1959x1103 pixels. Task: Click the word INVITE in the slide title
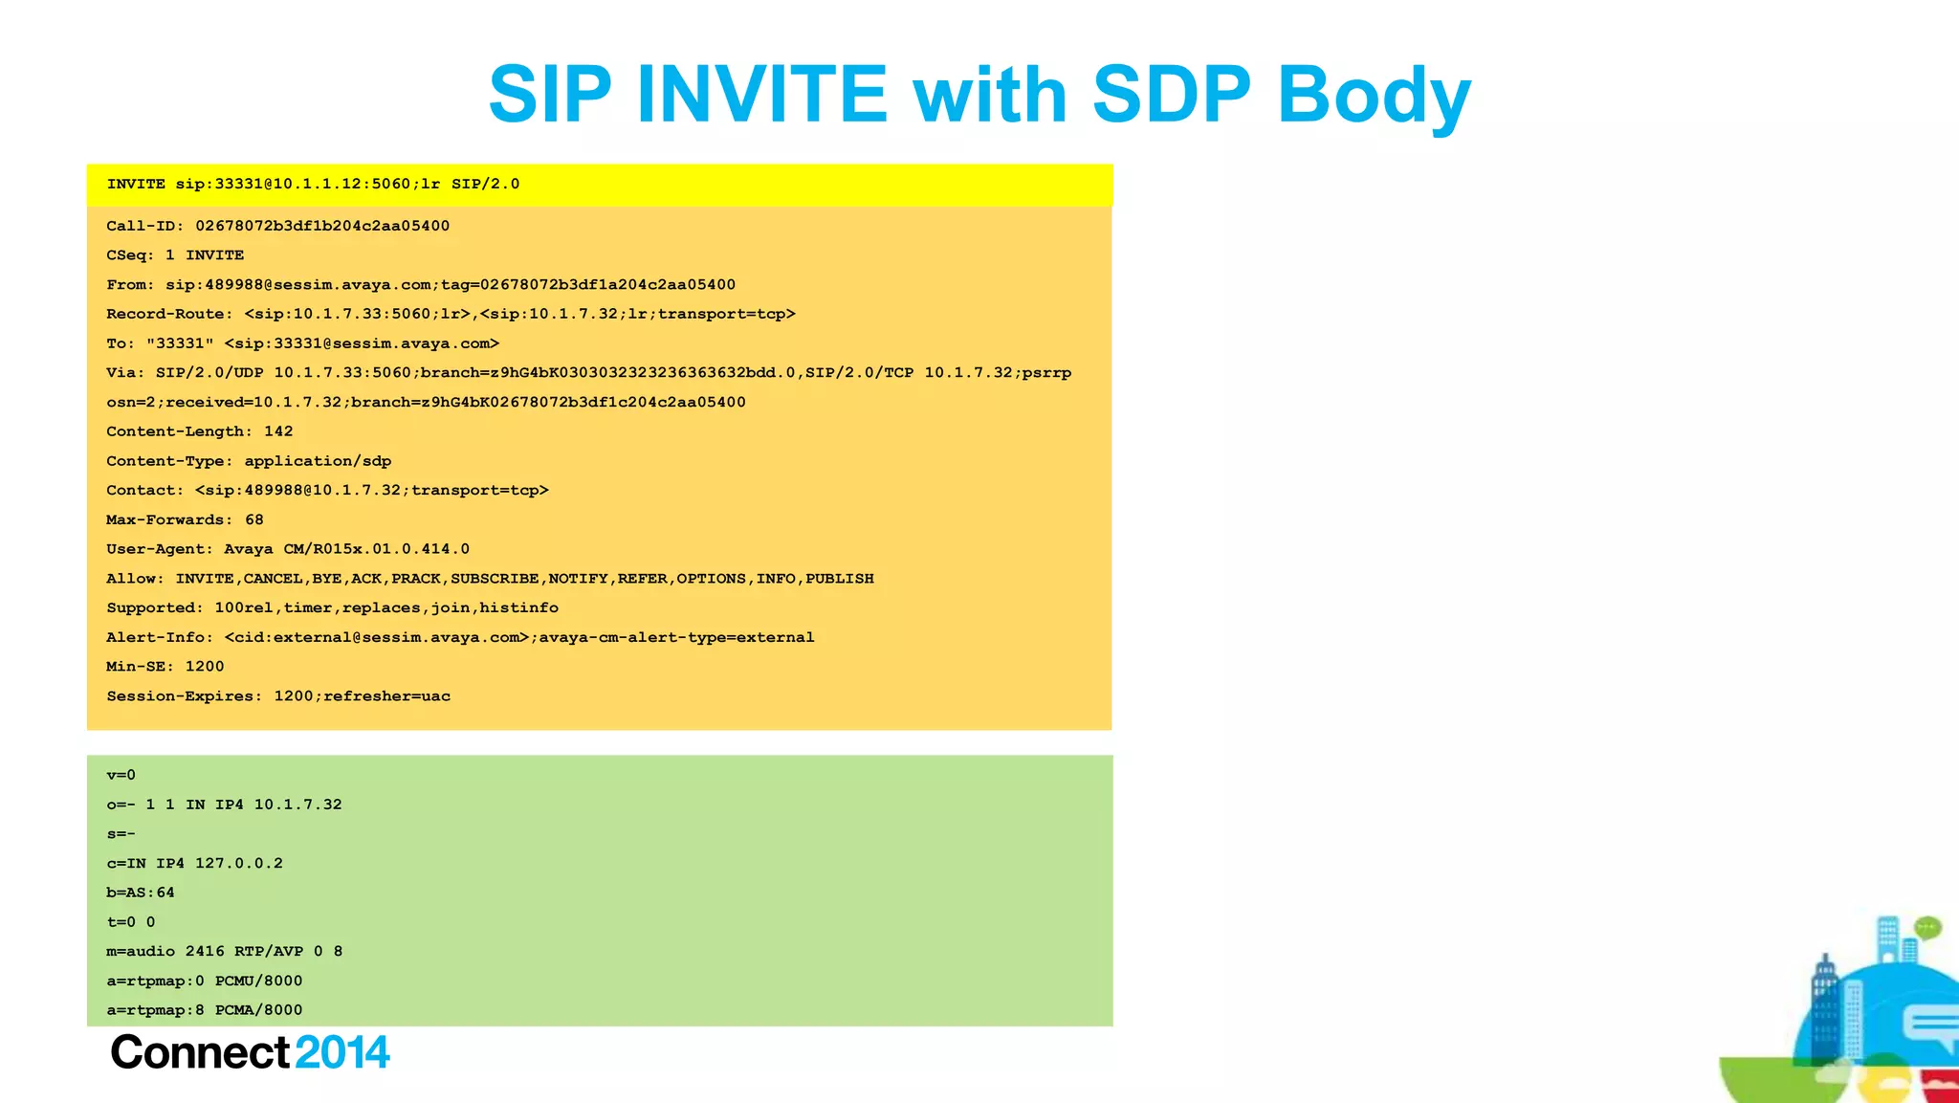[762, 94]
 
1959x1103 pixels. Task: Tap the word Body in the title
[1374, 96]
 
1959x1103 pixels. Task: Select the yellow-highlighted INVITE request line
[313, 184]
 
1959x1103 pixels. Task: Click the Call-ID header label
[144, 226]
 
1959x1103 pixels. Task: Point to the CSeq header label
[130, 255]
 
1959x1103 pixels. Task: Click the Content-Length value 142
[278, 431]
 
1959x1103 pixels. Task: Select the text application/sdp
[318, 461]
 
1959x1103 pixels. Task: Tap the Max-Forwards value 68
[254, 519]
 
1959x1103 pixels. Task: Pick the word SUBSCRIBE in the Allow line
[495, 579]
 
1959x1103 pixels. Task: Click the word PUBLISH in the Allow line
[839, 579]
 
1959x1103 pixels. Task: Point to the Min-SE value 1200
[205, 667]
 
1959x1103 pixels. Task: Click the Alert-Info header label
[160, 637]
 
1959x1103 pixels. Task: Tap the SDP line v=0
[121, 775]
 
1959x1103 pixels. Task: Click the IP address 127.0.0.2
[239, 863]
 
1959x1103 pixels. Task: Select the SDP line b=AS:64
[141, 893]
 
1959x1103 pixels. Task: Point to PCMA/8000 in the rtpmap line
[258, 1010]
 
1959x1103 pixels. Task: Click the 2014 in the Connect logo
[342, 1052]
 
